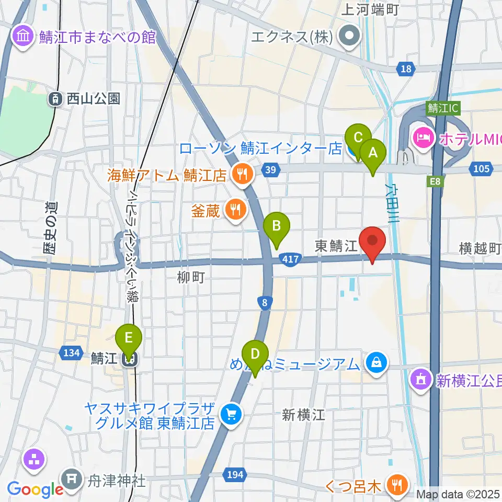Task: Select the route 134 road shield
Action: click(x=71, y=353)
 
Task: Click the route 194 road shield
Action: click(x=235, y=474)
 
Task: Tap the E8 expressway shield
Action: click(x=435, y=181)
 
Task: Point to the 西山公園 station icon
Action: click(x=55, y=98)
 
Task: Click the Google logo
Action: click(x=35, y=489)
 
